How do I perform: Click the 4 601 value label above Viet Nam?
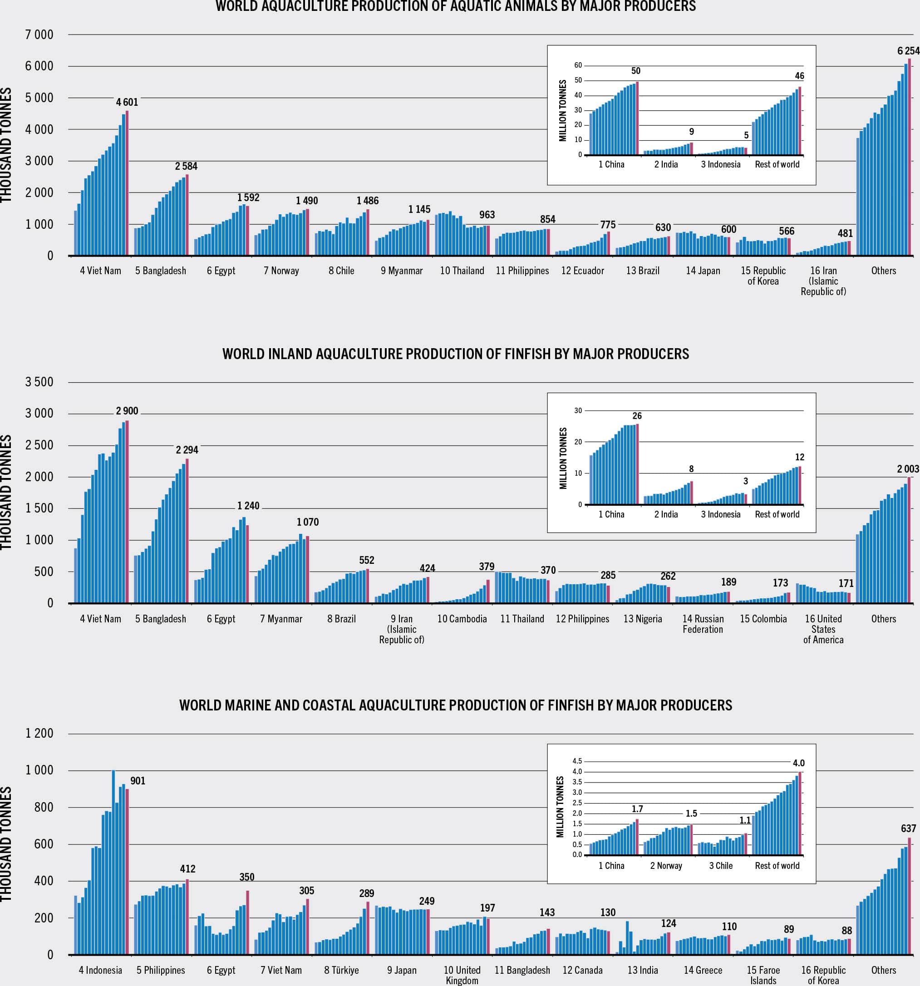(x=127, y=102)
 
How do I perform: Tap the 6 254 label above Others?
(x=908, y=50)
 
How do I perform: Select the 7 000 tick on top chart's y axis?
(x=39, y=35)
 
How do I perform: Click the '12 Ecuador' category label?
(x=582, y=271)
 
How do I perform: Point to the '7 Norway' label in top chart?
(x=281, y=271)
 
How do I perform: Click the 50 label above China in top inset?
(x=636, y=71)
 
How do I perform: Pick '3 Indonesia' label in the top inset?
(x=720, y=165)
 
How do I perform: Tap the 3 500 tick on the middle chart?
(x=39, y=382)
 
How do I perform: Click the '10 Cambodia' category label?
(x=462, y=619)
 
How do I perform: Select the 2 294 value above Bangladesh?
(x=187, y=450)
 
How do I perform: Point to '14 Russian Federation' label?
(x=703, y=624)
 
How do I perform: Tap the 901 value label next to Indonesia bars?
(x=138, y=781)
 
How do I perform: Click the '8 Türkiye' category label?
(x=341, y=970)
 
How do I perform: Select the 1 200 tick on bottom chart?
(x=39, y=733)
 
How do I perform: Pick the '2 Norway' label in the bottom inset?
(x=666, y=866)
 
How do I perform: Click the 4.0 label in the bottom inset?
(x=798, y=763)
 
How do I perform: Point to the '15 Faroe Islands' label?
(x=763, y=975)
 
